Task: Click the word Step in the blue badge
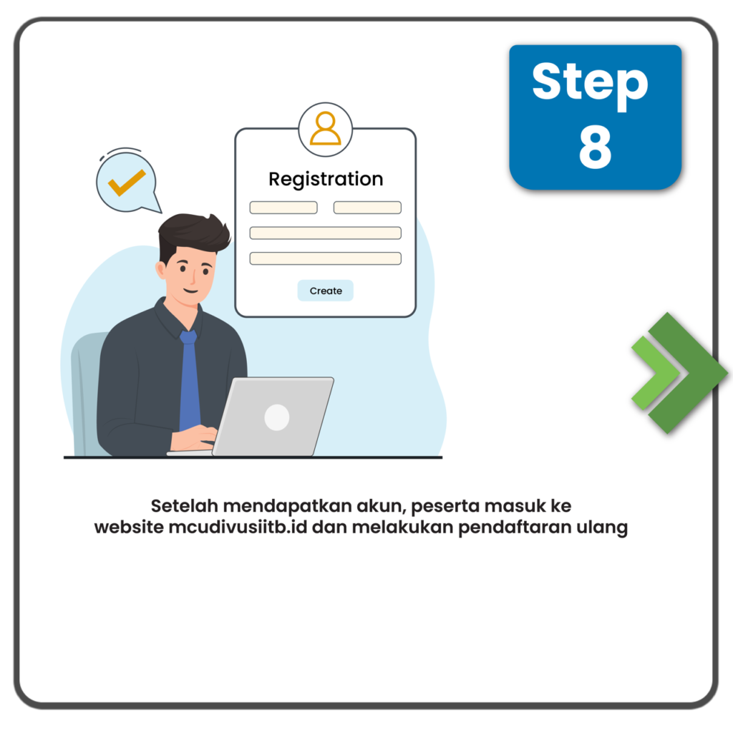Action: click(590, 84)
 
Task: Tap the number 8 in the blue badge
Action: click(595, 147)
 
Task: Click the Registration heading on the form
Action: click(326, 180)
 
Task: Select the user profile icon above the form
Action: click(326, 130)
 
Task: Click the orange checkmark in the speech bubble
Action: click(127, 183)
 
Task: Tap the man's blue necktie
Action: click(189, 379)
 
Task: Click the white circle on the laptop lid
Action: click(277, 417)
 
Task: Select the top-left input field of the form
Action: click(283, 208)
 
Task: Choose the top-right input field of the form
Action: click(367, 208)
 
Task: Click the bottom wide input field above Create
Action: click(326, 258)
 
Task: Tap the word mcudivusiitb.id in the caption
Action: click(238, 528)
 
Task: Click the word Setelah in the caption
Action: click(185, 506)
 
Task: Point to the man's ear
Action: click(161, 271)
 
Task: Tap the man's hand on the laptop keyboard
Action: click(194, 439)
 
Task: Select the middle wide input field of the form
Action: click(326, 233)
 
